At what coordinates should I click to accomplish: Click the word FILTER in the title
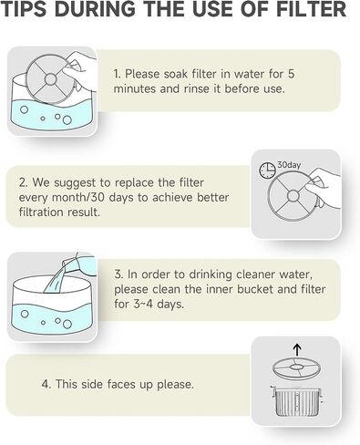pyautogui.click(x=312, y=9)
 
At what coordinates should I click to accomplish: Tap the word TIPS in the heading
pyautogui.click(x=24, y=9)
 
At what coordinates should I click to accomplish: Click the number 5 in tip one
pyautogui.click(x=291, y=74)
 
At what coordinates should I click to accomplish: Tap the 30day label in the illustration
pyautogui.click(x=289, y=165)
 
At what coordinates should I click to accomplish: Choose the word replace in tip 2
pyautogui.click(x=135, y=183)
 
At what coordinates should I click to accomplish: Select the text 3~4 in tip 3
pyautogui.click(x=143, y=304)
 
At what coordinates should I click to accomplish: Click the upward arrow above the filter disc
pyautogui.click(x=298, y=350)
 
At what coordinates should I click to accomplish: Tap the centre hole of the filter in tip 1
pyautogui.click(x=50, y=79)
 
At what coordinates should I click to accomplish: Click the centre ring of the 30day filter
pyautogui.click(x=293, y=196)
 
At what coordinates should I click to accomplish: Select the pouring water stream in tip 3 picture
pyautogui.click(x=55, y=277)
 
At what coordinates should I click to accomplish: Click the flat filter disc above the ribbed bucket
pyautogui.click(x=295, y=367)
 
